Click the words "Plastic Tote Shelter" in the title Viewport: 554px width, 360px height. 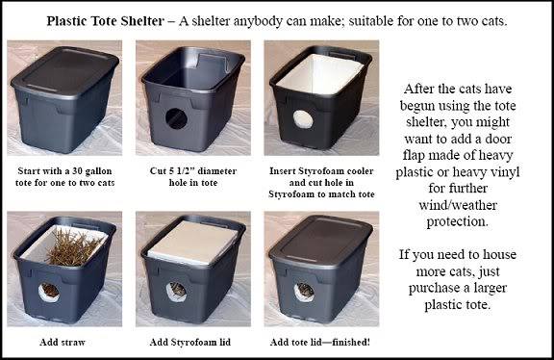[105, 21]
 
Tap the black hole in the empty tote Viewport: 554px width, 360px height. [176, 118]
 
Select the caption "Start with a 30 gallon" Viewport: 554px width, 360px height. [64, 171]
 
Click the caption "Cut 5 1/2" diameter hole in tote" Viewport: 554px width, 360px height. [193, 177]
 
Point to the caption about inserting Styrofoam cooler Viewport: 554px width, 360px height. [321, 183]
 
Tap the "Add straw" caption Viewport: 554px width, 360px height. [63, 343]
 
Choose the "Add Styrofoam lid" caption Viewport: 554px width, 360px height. [190, 343]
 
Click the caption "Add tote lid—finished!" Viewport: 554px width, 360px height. [319, 343]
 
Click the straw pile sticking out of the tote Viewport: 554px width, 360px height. [72, 247]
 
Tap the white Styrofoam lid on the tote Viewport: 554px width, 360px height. [192, 243]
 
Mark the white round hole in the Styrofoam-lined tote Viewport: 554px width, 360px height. [303, 119]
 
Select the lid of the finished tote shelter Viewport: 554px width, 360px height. [320, 242]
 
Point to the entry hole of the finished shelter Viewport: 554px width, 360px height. [304, 292]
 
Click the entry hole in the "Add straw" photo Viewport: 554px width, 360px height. [49, 293]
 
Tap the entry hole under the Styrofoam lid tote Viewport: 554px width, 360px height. [176, 292]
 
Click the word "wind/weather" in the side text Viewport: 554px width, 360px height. [458, 205]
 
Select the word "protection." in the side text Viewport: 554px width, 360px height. [458, 222]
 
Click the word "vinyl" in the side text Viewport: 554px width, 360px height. [502, 172]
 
